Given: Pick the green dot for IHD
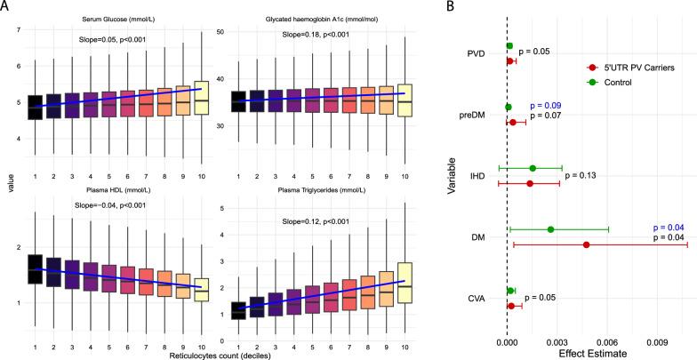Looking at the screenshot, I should [x=533, y=168].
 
